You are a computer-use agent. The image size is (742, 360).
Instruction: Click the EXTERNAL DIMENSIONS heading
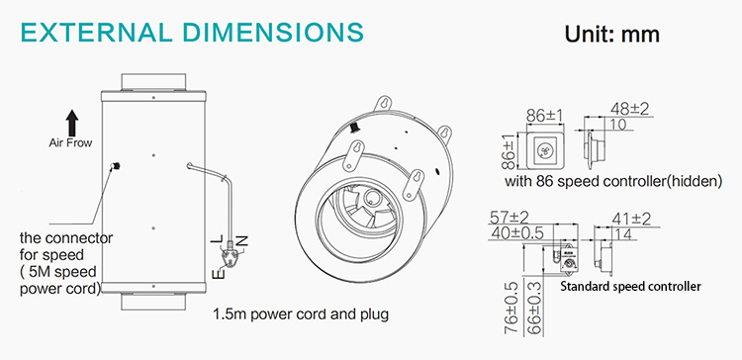tap(193, 33)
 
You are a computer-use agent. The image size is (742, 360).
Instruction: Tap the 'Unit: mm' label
tap(611, 35)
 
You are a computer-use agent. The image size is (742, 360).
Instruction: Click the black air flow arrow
tap(72, 122)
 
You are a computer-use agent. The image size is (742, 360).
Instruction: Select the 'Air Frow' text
tap(70, 142)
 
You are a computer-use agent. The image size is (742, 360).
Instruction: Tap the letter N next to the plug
tap(242, 240)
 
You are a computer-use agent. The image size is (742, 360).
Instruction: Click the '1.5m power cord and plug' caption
tap(301, 315)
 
